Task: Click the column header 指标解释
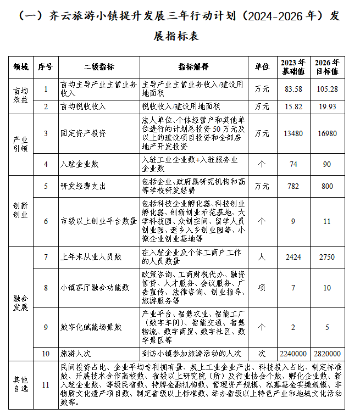193,67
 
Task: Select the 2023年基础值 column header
293,66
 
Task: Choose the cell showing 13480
293,133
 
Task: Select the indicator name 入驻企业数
79,164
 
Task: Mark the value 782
293,186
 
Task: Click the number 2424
293,257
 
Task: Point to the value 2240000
293,354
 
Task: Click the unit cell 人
262,257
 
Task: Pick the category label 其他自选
20,384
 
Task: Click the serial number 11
46,384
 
